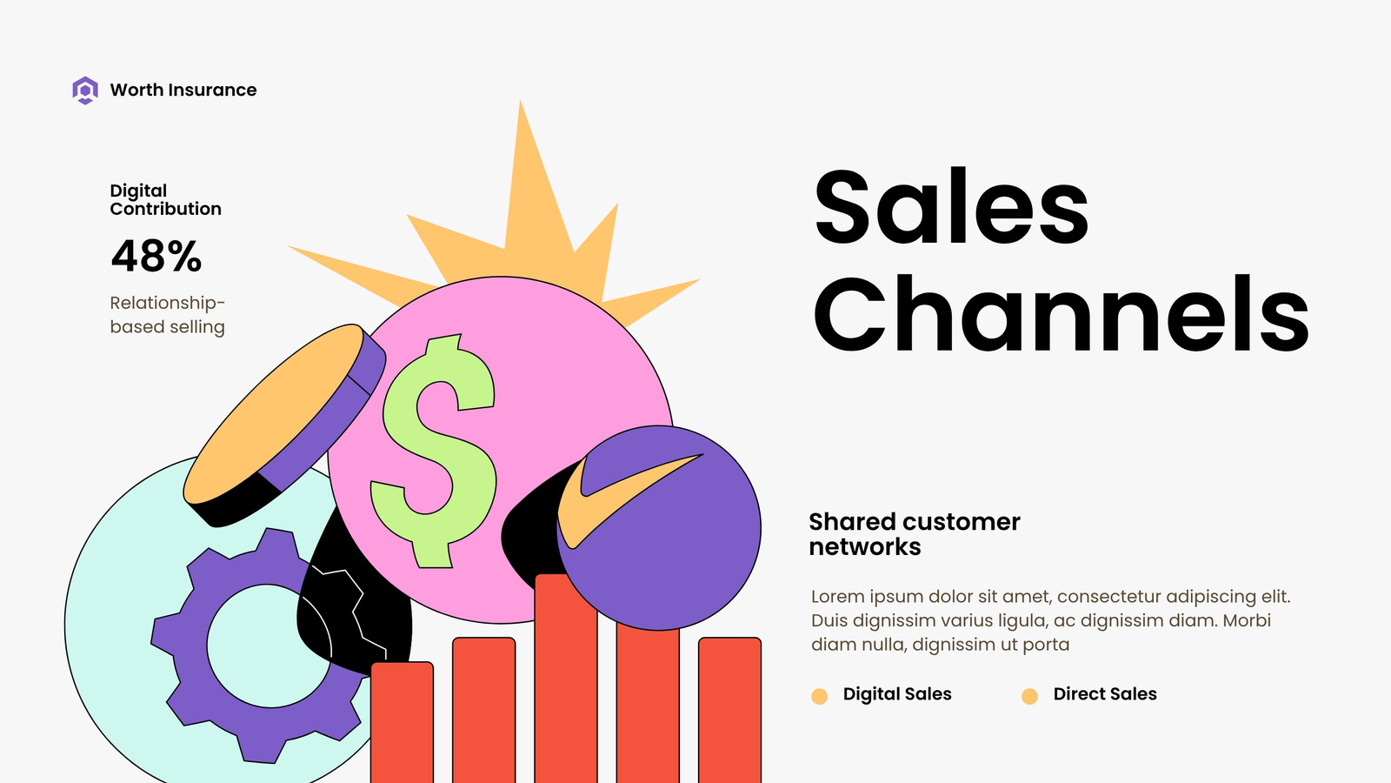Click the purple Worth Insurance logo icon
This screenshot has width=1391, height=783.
coord(85,90)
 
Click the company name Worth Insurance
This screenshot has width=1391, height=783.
coord(183,90)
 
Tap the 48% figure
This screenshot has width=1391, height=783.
coord(156,256)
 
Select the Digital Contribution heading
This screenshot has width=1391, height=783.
coord(165,199)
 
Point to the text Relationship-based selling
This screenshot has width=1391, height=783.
coord(168,314)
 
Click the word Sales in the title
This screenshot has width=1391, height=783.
coord(951,206)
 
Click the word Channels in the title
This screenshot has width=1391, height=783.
coord(1062,313)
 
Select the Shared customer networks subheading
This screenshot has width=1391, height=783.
coord(914,534)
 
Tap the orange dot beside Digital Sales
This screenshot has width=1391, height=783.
coord(819,696)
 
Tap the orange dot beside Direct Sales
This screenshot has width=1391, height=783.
coord(1029,696)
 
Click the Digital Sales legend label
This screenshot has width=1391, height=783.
coord(897,694)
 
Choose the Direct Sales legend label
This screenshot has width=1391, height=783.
coord(1105,694)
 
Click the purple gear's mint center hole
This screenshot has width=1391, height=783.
coord(269,646)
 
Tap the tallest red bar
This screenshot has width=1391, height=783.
coord(566,678)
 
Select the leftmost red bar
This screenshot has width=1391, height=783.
coord(402,722)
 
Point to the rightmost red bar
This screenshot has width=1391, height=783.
coord(729,710)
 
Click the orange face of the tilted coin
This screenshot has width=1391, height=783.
coord(273,413)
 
